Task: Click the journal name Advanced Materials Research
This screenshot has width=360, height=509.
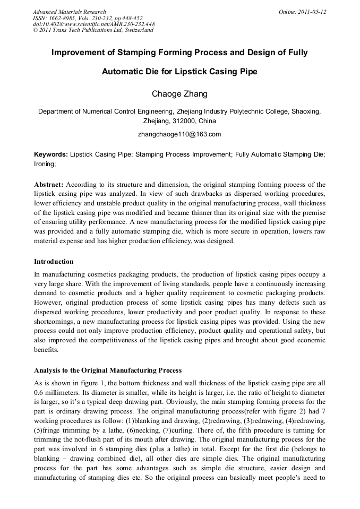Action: (x=69, y=12)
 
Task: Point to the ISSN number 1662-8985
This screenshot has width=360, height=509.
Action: (x=64, y=18)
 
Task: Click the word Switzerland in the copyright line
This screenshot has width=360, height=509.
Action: (x=136, y=30)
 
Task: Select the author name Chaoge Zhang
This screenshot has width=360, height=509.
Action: (x=179, y=94)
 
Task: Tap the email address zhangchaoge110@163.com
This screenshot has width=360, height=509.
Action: (x=179, y=134)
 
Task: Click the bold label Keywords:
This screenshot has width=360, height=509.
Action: (x=51, y=154)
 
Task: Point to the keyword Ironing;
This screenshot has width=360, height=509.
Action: (x=45, y=164)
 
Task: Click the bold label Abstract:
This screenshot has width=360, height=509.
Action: (x=49, y=185)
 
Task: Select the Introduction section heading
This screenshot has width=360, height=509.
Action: (x=54, y=262)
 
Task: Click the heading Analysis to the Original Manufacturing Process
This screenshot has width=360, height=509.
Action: (x=108, y=370)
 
